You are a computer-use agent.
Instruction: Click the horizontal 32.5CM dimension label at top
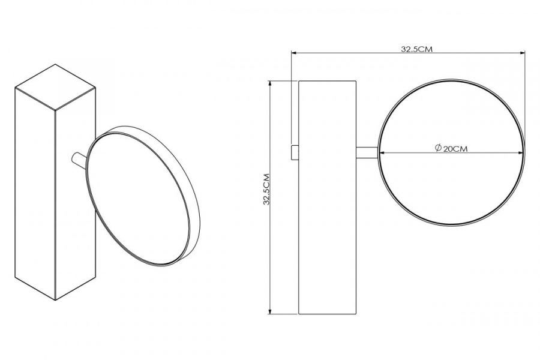pos(416,49)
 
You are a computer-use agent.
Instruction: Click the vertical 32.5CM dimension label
pos(266,189)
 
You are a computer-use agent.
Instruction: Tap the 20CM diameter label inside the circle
pos(455,149)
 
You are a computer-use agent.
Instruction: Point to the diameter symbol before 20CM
pos(438,148)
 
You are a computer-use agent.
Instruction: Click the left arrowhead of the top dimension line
pos(294,53)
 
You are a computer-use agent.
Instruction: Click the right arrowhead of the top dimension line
pos(523,53)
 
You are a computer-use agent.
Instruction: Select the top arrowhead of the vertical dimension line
pos(271,84)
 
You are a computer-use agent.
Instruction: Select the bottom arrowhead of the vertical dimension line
pos(271,311)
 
